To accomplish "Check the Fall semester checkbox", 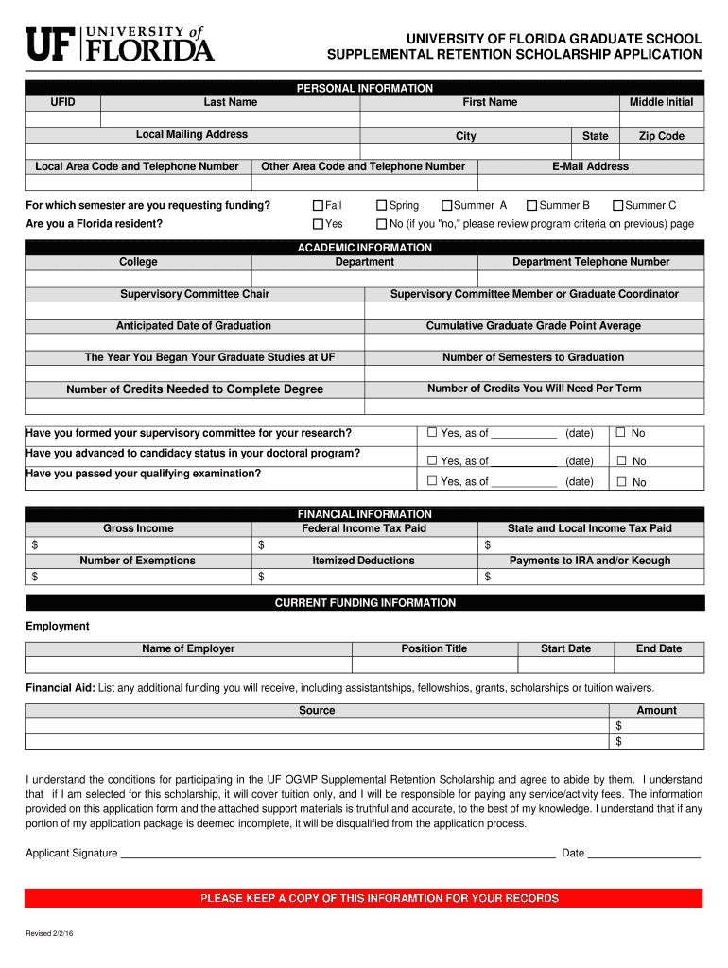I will click(x=319, y=205).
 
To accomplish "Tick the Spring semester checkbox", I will click(x=382, y=205).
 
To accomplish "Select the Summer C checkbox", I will click(x=618, y=205).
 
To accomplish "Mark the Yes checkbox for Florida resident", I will click(x=319, y=224).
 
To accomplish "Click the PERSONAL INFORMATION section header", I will click(x=365, y=88).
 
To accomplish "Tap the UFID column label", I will click(x=63, y=102).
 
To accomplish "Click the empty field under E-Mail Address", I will click(x=590, y=182).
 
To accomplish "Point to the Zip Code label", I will click(x=661, y=136).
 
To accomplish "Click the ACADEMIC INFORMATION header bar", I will click(x=365, y=248).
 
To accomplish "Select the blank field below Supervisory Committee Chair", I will click(x=195, y=310).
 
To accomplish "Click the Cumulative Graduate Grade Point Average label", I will click(x=533, y=326).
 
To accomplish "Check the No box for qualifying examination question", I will click(x=621, y=482).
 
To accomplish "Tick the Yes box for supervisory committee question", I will click(x=432, y=433).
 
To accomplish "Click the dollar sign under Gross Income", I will click(x=35, y=545).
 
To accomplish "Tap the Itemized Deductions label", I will click(x=363, y=561).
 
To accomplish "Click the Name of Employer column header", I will click(x=188, y=648).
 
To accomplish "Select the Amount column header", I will click(x=656, y=711).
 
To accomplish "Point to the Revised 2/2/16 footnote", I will click(x=49, y=934).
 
